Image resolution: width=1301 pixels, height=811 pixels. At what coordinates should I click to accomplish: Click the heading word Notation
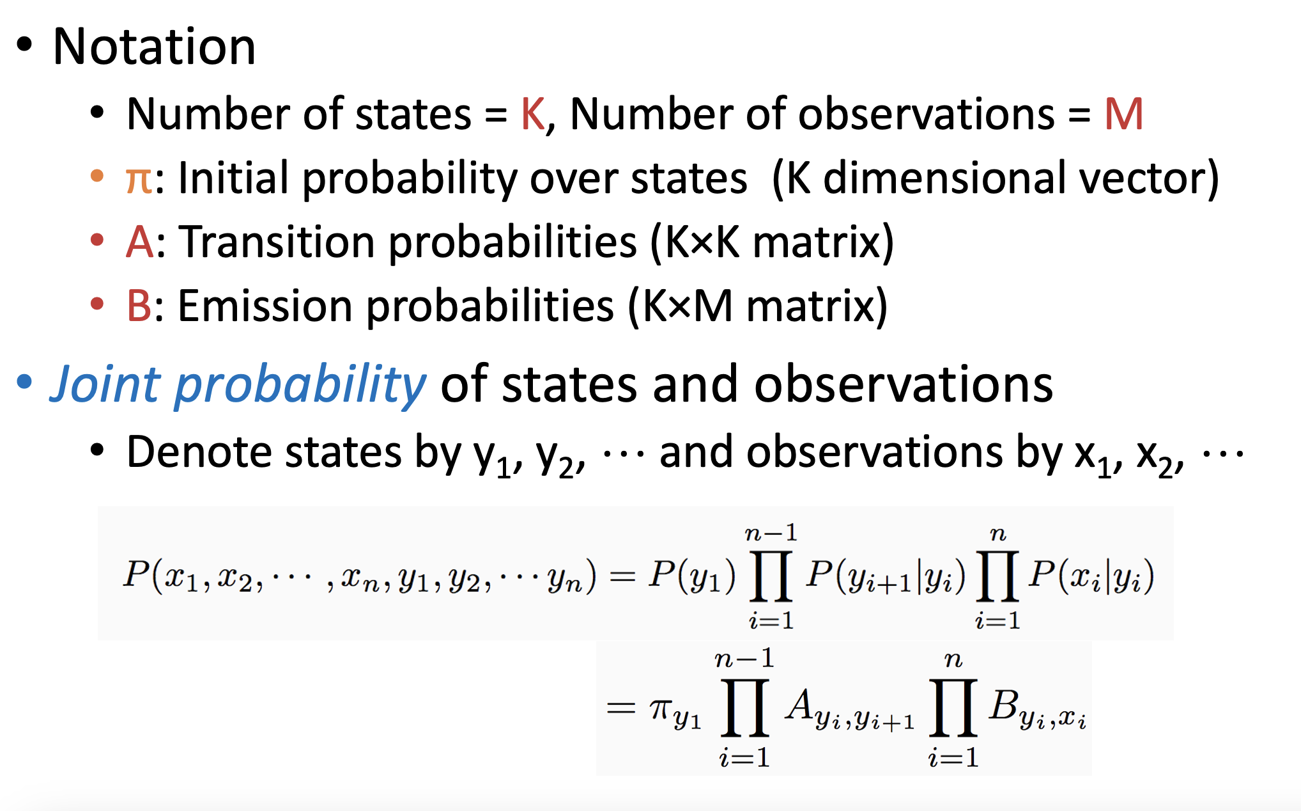(x=154, y=47)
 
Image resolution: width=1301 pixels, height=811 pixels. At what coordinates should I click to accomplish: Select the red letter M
(x=1123, y=114)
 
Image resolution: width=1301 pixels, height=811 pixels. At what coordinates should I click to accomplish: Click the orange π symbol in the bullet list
(x=139, y=179)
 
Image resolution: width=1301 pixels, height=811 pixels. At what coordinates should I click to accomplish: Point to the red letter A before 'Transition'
(x=140, y=242)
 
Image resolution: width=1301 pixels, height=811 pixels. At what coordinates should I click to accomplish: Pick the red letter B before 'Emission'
(x=139, y=306)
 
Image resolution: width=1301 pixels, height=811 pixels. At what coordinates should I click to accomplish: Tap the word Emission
(x=265, y=306)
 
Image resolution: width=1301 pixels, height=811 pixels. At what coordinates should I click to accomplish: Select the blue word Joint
(x=105, y=385)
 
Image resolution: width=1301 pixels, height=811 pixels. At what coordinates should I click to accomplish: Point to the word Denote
(x=200, y=452)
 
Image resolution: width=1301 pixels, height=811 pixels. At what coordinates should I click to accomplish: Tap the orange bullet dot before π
(x=97, y=175)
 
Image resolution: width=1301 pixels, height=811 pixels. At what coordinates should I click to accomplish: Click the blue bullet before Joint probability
(x=24, y=382)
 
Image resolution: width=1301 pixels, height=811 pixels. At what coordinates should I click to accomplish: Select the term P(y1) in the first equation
(x=692, y=575)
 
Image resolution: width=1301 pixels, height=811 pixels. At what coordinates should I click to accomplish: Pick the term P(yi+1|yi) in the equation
(x=886, y=576)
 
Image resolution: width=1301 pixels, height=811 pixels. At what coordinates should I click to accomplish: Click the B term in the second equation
(x=1036, y=710)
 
